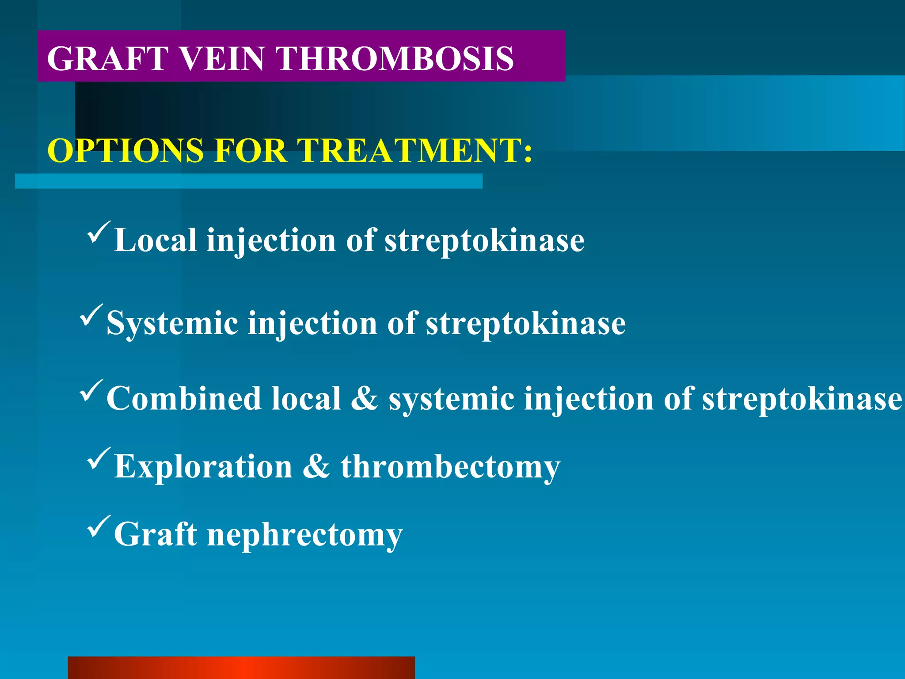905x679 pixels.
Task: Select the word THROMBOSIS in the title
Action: (x=395, y=58)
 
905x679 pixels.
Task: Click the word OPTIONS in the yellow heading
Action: (x=125, y=151)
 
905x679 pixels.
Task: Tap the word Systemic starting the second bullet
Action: (x=172, y=324)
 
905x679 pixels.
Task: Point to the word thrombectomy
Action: (x=450, y=468)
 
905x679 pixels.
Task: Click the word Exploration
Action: (x=203, y=467)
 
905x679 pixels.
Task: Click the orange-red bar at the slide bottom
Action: (x=241, y=668)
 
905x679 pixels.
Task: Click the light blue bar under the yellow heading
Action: (x=248, y=181)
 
